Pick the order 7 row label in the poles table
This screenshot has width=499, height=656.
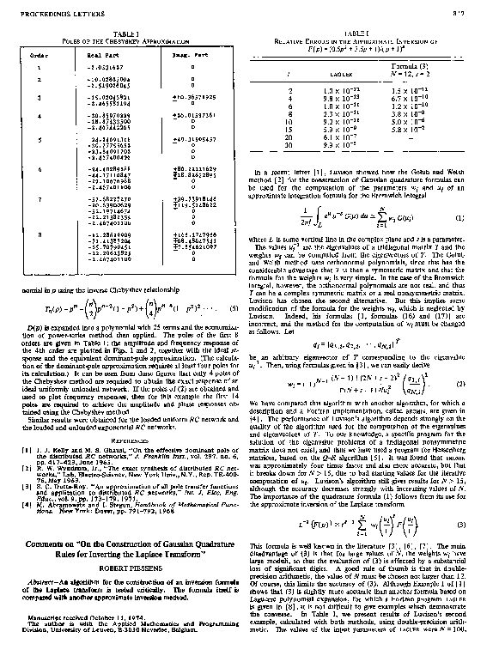coord(37,197)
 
